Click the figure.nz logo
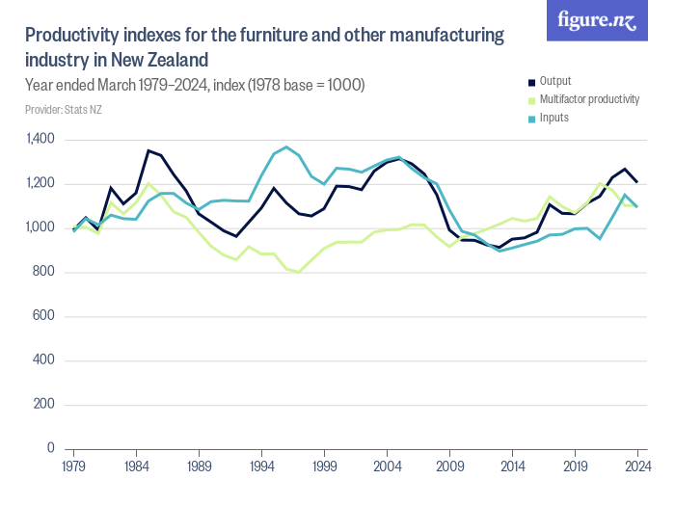pyautogui.click(x=597, y=20)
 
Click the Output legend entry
pyautogui.click(x=555, y=81)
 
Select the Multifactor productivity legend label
pyautogui.click(x=588, y=99)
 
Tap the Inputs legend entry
pyautogui.click(x=553, y=118)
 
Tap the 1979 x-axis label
pyautogui.click(x=73, y=466)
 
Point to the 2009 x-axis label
pyautogui.click(x=449, y=466)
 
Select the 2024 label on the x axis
pyautogui.click(x=636, y=466)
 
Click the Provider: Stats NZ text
pyautogui.click(x=63, y=110)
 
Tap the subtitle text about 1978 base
pyautogui.click(x=194, y=85)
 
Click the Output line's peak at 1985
pyautogui.click(x=148, y=150)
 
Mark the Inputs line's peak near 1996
pyautogui.click(x=286, y=147)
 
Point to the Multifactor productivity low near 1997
pyautogui.click(x=299, y=272)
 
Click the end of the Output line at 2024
pyautogui.click(x=636, y=182)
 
